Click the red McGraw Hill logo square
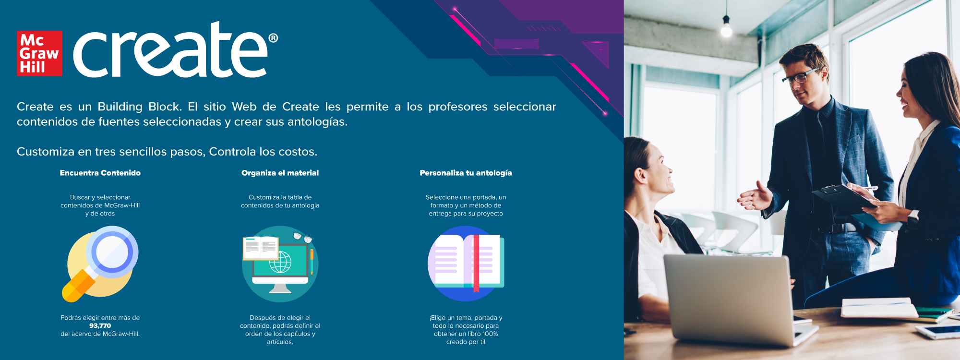(39, 53)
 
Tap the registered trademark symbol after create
(273, 38)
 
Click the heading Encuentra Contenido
(100, 173)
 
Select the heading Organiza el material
(280, 173)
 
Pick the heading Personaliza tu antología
(466, 173)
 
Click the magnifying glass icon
(100, 264)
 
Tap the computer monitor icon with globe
(280, 264)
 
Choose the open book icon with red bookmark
(466, 264)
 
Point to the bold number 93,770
(100, 326)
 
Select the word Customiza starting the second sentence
(45, 152)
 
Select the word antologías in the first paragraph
(317, 122)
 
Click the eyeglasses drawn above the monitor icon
(302, 237)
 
